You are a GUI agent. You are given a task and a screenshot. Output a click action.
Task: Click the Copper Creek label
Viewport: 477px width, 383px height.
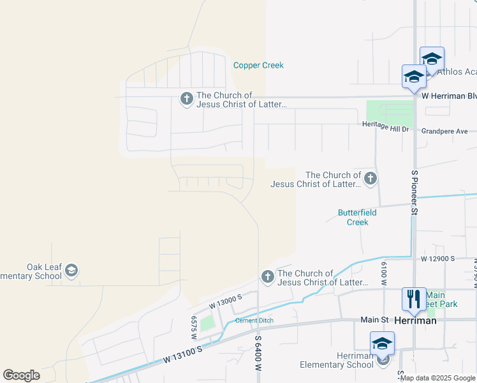click(x=258, y=65)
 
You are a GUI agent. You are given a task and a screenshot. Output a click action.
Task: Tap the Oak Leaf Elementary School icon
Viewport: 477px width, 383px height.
click(x=72, y=271)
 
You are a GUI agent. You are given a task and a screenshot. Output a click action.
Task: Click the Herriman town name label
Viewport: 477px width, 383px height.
click(x=415, y=320)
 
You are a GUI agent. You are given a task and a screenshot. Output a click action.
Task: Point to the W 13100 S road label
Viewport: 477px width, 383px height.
click(x=182, y=354)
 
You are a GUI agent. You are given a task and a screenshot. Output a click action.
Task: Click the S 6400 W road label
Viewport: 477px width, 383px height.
click(x=259, y=355)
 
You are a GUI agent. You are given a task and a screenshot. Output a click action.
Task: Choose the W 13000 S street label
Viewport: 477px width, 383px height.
click(x=222, y=299)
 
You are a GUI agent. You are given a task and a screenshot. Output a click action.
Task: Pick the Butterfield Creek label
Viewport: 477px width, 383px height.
click(x=357, y=217)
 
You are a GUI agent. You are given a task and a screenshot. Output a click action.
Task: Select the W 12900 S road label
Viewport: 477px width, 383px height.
click(x=437, y=259)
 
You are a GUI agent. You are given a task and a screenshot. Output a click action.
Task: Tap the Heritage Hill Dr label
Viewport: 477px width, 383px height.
click(x=385, y=128)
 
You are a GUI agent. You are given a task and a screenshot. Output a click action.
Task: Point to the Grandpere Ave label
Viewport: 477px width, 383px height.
click(x=445, y=131)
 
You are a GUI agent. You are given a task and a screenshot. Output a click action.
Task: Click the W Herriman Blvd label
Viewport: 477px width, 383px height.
click(x=449, y=96)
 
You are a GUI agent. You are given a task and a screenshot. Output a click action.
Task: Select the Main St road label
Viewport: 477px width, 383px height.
click(x=374, y=319)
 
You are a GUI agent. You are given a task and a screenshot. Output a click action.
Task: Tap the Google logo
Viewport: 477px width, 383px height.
click(x=21, y=375)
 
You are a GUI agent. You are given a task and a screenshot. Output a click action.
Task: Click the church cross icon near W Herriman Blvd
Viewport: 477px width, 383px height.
click(x=187, y=98)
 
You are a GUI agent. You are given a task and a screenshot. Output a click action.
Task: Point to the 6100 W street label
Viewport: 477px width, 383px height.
click(x=385, y=273)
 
